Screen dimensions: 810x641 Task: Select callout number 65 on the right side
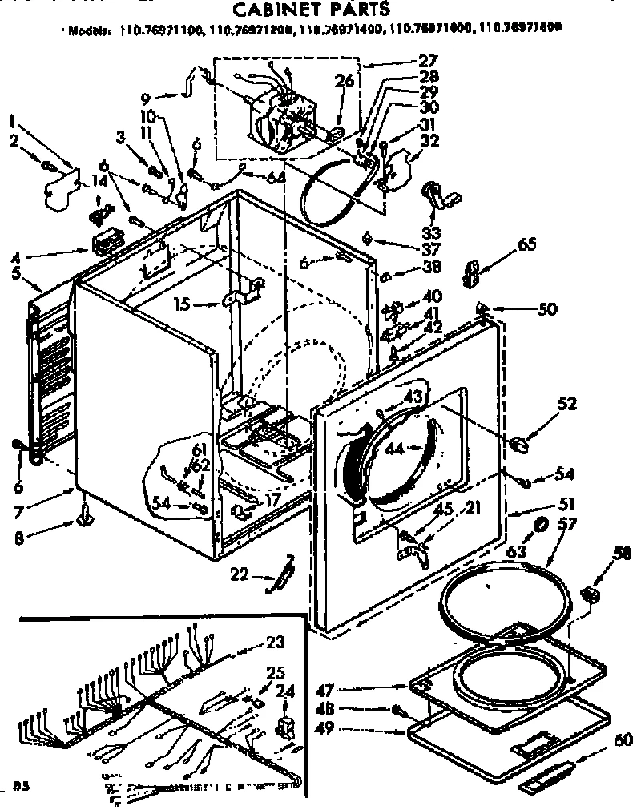(x=526, y=245)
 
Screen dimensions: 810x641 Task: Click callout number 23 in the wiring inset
(x=275, y=641)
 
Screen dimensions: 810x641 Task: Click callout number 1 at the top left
(x=12, y=122)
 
